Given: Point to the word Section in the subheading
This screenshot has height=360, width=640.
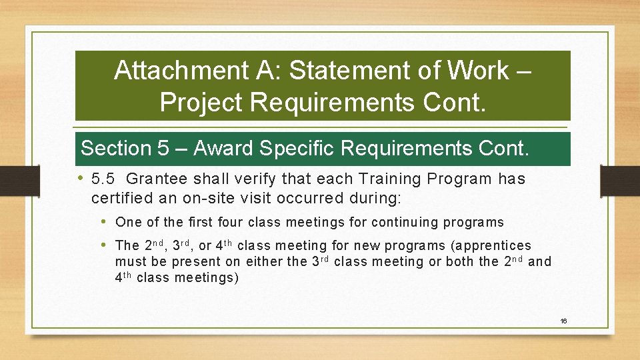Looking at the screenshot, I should [116, 148].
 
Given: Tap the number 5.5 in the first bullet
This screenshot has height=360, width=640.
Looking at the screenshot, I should [103, 179].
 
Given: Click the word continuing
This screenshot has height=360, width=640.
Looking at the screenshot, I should [406, 222].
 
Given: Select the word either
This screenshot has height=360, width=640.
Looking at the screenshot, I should [263, 262].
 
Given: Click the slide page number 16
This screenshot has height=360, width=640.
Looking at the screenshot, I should [563, 321].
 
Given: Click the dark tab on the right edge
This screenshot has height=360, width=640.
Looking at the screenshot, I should [619, 181].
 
